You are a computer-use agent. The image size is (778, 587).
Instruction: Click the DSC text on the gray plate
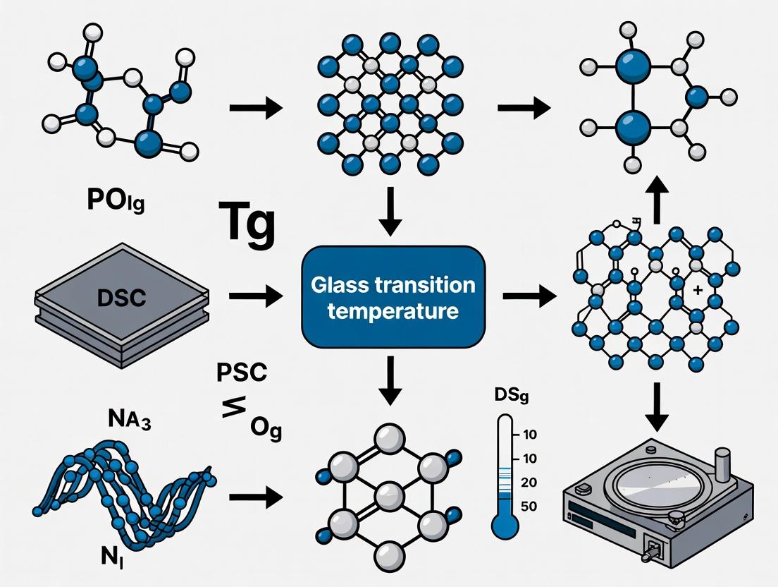[x=119, y=297]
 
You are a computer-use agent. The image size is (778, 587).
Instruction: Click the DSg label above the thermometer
[x=506, y=397]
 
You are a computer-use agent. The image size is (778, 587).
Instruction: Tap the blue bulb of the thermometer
[x=505, y=526]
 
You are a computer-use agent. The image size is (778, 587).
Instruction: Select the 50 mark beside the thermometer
[x=529, y=506]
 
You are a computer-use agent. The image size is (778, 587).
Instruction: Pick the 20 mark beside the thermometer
[x=529, y=483]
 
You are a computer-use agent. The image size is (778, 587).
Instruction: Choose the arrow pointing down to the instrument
[x=657, y=406]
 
